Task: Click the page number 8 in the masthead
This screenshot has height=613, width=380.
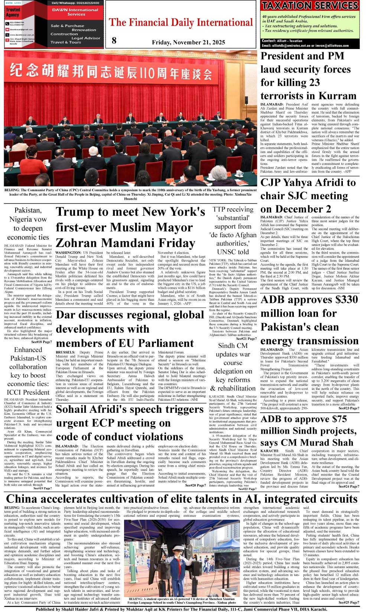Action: click(114, 40)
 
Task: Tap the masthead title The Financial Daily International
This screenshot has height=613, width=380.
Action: click(181, 23)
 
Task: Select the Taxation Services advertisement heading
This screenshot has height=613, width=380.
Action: click(309, 6)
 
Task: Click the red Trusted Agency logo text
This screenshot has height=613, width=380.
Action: click(13, 12)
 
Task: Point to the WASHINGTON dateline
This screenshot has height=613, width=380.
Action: click(68, 253)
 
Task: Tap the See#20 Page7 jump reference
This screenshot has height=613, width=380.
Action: click(195, 485)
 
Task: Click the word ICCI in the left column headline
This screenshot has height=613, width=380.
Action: click(17, 392)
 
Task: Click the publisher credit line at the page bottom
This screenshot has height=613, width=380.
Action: click(181, 609)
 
